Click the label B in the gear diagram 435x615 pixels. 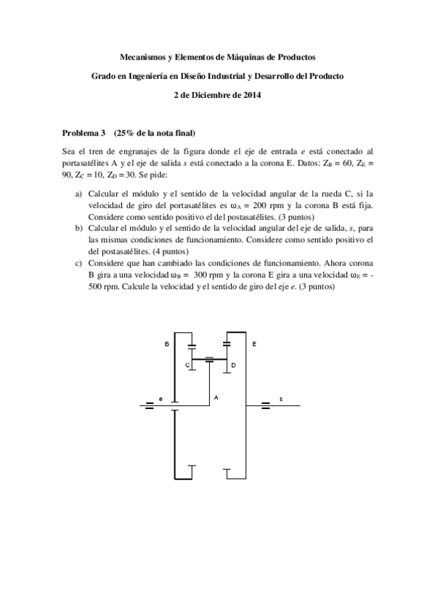point(166,343)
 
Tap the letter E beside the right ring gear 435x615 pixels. point(253,343)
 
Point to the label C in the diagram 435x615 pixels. point(187,366)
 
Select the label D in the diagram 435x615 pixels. point(233,366)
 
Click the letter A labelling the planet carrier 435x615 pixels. point(216,397)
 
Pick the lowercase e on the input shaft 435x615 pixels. point(160,399)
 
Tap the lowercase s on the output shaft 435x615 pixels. point(281,399)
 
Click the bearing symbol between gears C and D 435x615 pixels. point(210,359)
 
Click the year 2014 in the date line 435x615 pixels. point(251,94)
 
